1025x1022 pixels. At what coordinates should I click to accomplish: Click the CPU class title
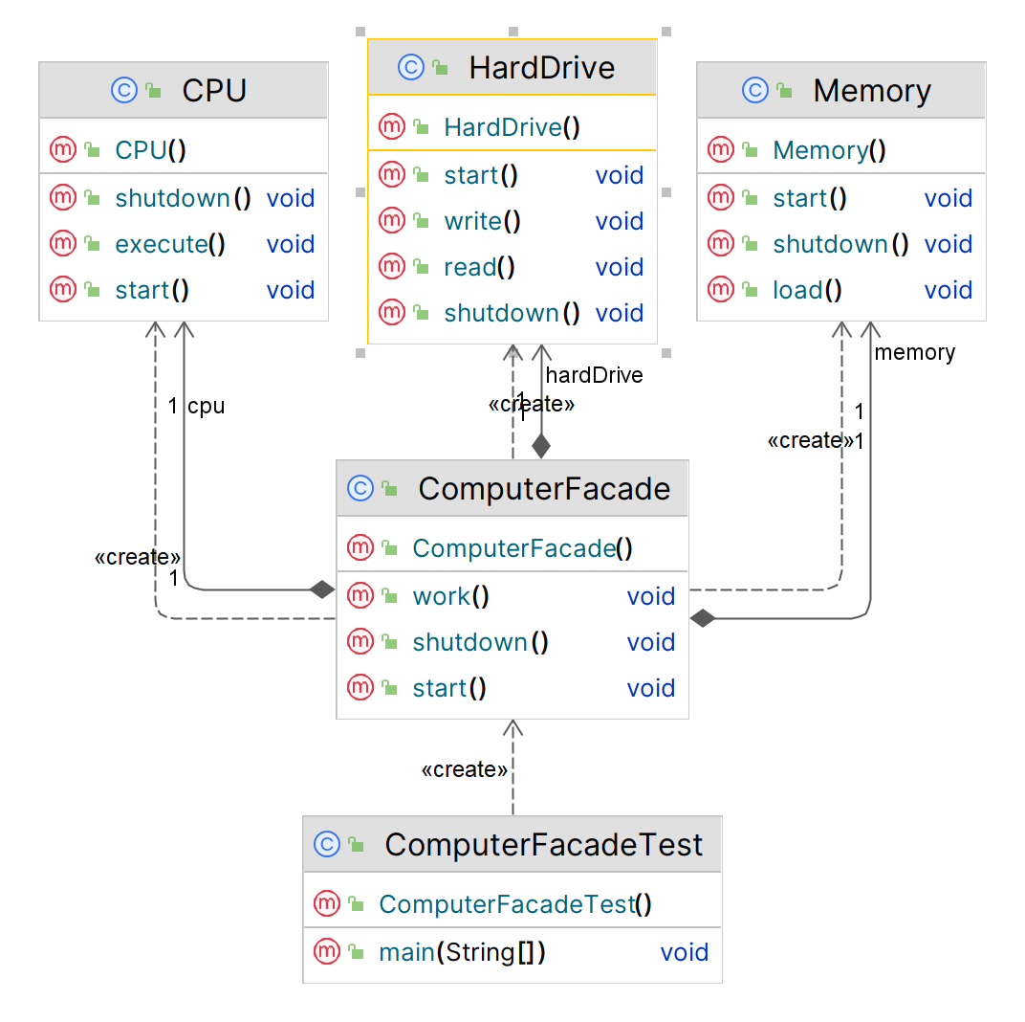coord(214,91)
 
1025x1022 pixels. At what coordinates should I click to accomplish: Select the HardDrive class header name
coord(541,68)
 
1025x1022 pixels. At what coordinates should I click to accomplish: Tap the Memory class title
coord(871,91)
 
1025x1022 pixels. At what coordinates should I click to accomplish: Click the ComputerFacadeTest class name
coord(543,845)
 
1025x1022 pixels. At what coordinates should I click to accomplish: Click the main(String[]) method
coord(463,952)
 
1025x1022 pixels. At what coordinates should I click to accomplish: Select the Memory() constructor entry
coord(829,150)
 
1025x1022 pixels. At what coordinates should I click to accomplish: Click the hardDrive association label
coord(594,375)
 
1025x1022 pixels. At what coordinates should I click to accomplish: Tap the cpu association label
coord(206,406)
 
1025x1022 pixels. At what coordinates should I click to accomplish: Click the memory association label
coord(914,352)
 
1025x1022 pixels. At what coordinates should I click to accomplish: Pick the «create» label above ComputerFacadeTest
coord(465,769)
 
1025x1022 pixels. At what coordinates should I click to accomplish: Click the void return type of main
coord(685,952)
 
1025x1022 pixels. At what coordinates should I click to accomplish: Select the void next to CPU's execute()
coord(291,244)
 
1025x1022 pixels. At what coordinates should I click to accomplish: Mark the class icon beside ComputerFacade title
coord(360,489)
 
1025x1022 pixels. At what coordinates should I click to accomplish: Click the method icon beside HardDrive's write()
coord(392,221)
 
